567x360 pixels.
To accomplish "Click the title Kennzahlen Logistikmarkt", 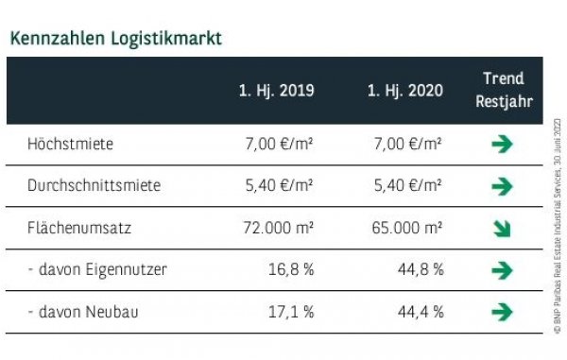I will [116, 40].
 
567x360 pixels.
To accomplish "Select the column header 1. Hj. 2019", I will [276, 92].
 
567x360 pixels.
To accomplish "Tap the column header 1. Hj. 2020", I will [405, 92].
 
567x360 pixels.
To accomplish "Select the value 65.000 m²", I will [404, 228].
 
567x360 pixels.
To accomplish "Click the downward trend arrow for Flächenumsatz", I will [503, 229].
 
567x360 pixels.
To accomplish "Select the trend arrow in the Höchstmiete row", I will [503, 145].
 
